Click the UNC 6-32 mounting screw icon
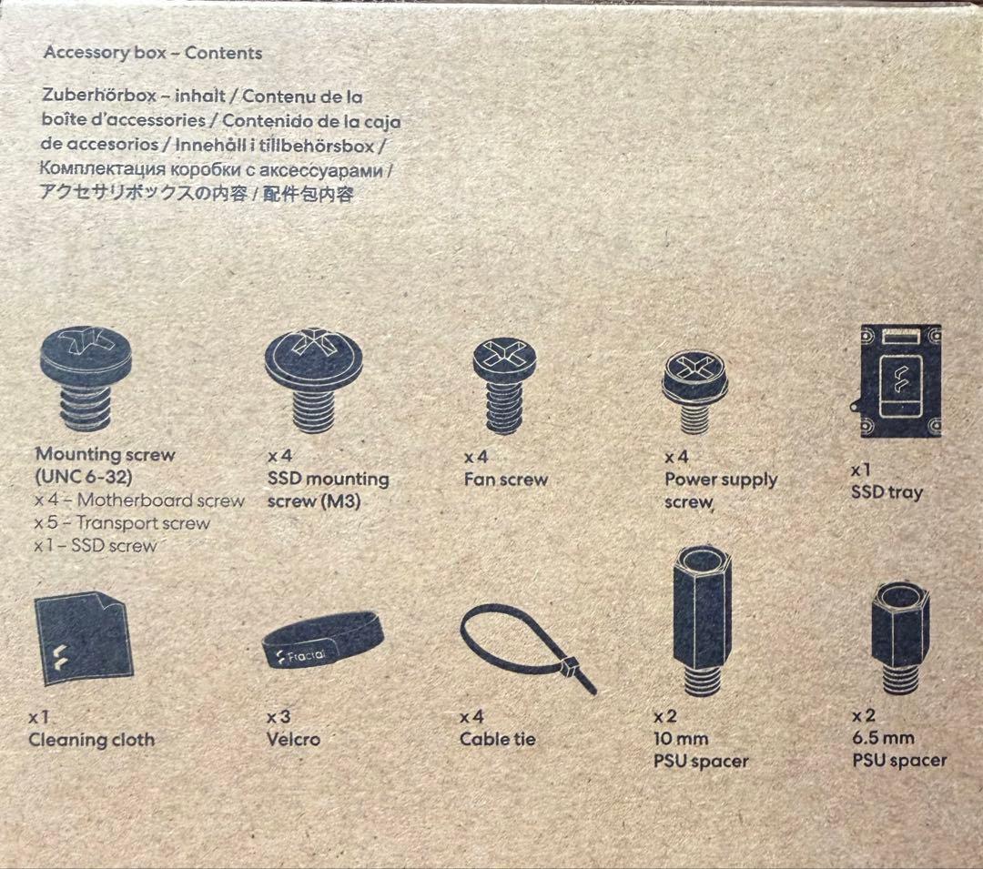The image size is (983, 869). [86, 379]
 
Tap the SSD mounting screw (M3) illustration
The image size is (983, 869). [313, 380]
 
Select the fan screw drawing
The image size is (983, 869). [504, 386]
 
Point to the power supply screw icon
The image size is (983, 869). [694, 391]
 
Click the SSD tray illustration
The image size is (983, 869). [897, 381]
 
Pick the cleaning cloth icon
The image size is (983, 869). [84, 639]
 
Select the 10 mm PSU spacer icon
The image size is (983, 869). [702, 621]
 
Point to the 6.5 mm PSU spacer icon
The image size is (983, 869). [900, 638]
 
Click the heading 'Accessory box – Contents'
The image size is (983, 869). [152, 53]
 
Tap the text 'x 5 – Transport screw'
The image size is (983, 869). [122, 522]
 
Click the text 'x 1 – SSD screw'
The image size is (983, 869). [95, 545]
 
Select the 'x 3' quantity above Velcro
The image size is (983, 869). [279, 717]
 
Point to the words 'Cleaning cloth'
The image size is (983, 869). [92, 740]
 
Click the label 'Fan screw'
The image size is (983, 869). [506, 480]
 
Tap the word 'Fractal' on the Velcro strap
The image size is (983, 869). [307, 656]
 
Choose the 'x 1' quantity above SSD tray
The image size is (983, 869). [861, 470]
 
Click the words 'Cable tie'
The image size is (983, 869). [498, 739]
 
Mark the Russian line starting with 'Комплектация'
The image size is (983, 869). [216, 169]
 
